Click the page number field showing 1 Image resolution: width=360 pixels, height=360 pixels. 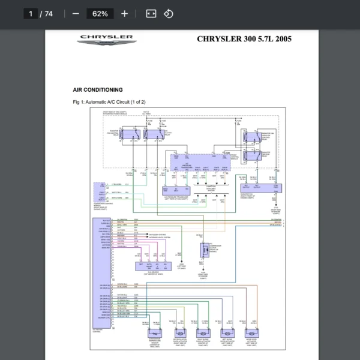coord(30,13)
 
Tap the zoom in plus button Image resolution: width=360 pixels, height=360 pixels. coord(124,13)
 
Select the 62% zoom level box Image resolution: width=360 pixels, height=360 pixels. coord(100,13)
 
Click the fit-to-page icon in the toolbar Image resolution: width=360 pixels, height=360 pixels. coord(151,13)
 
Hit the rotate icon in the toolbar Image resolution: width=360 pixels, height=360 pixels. coord(169,13)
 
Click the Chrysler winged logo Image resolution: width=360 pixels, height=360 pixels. coord(106,40)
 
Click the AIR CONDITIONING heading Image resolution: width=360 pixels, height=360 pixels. coord(98,90)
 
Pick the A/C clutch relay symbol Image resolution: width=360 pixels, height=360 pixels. coord(153,135)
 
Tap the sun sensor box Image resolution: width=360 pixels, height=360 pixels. coord(149,266)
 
